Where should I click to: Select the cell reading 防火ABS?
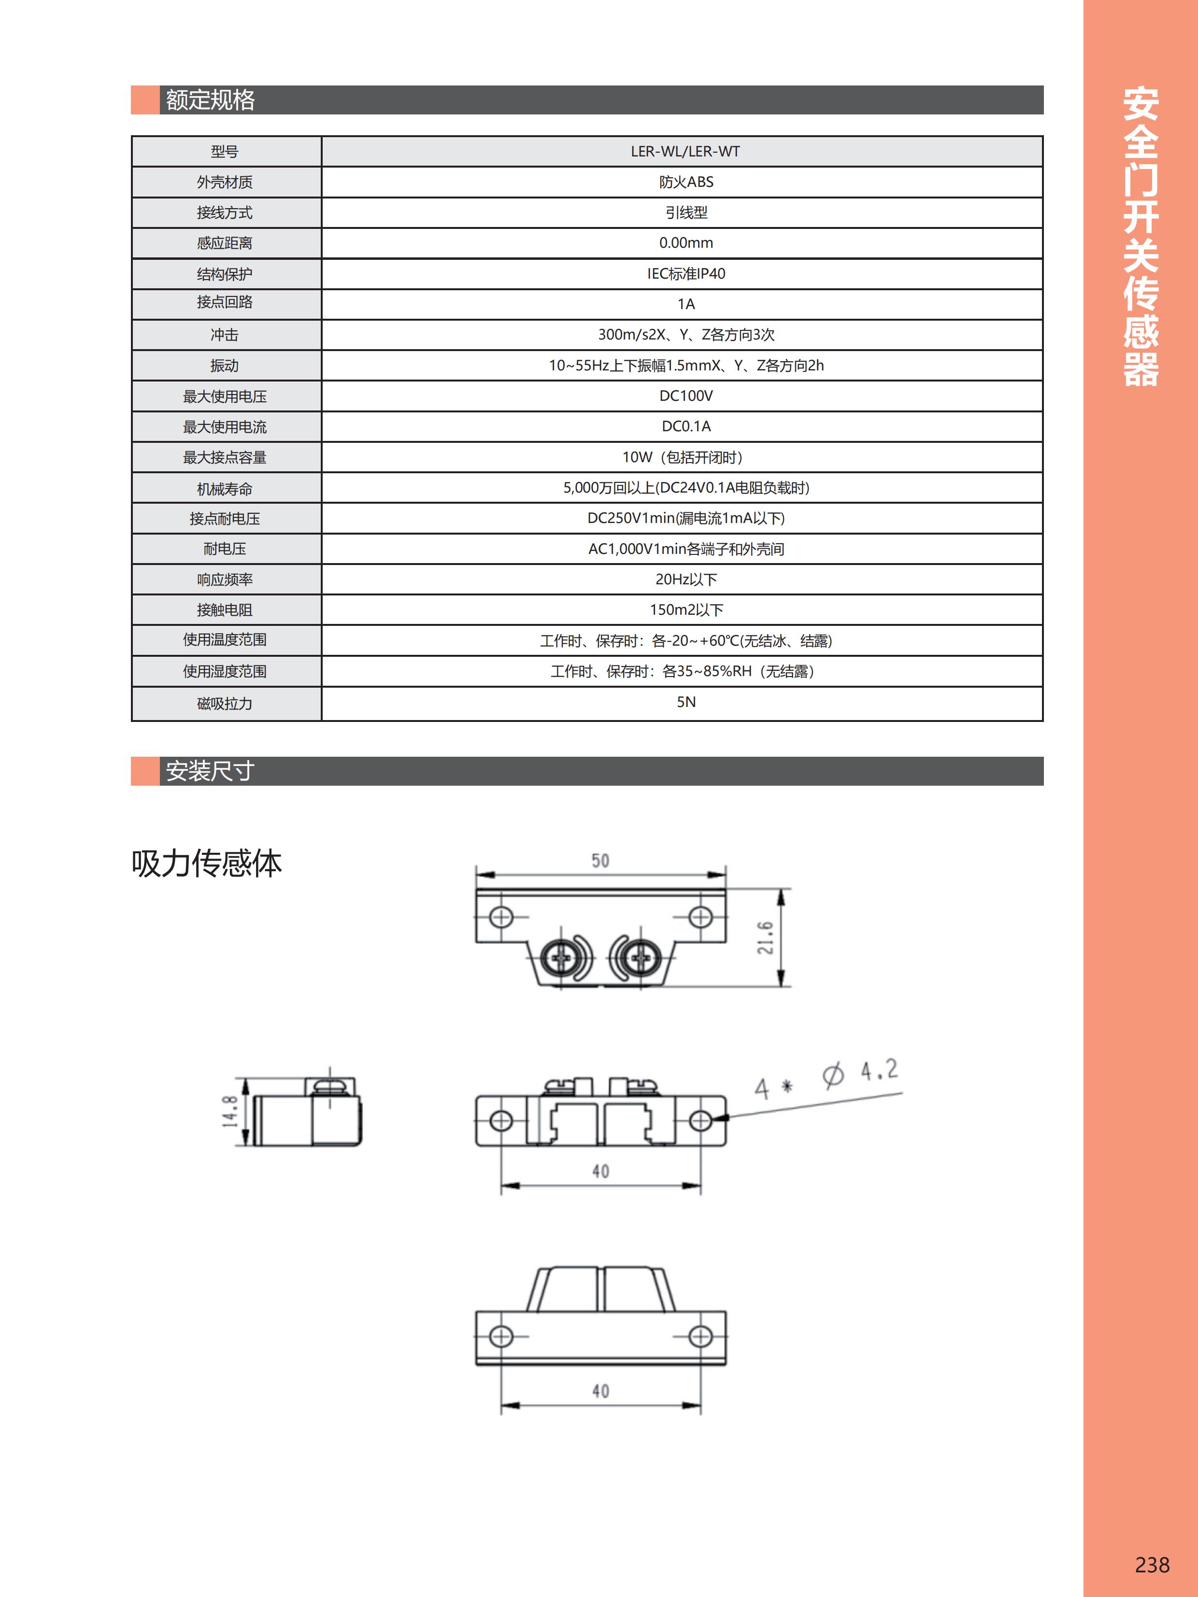(x=685, y=182)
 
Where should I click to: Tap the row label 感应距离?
(x=225, y=243)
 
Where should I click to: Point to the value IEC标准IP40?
(x=685, y=274)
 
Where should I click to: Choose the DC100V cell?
(x=685, y=396)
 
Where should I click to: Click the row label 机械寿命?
(x=225, y=489)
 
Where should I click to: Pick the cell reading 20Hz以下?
(x=685, y=579)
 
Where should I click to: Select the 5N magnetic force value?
(x=685, y=702)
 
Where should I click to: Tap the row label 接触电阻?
(x=225, y=610)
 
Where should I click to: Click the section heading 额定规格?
(x=210, y=99)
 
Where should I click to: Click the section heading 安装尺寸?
(x=210, y=771)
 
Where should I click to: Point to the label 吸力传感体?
(x=207, y=863)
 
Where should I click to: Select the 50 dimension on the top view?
(x=600, y=861)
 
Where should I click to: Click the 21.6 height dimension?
(x=766, y=937)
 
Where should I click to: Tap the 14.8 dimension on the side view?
(x=229, y=1111)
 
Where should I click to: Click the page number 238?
(x=1152, y=1565)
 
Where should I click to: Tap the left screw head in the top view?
(x=561, y=959)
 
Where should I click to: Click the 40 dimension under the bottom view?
(x=600, y=1390)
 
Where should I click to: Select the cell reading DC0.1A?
(x=685, y=427)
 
